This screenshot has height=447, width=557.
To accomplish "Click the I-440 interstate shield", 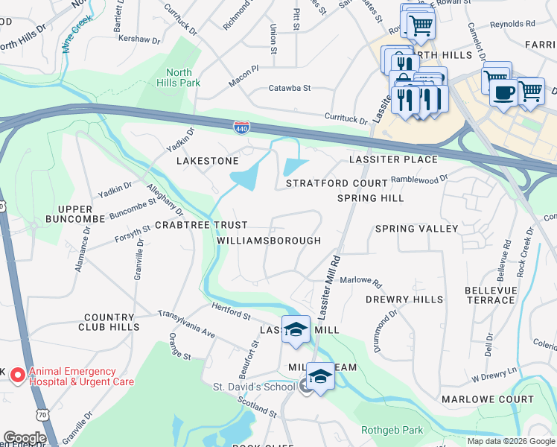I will [x=241, y=128].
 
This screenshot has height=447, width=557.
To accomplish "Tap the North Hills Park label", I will [x=178, y=77].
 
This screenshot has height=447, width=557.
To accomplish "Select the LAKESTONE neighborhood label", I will [x=207, y=161].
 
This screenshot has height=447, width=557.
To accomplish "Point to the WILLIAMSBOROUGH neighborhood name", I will [x=269, y=241].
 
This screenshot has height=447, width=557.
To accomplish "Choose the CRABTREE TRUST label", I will [x=201, y=225].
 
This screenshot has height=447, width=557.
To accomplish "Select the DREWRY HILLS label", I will [x=404, y=299].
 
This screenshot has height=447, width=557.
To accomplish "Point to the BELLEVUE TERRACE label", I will [x=489, y=295].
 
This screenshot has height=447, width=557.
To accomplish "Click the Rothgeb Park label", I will [x=392, y=430].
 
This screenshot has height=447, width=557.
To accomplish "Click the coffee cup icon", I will [x=504, y=92].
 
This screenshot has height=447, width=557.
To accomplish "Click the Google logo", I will [x=24, y=438].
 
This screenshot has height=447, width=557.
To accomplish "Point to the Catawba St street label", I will [x=289, y=88].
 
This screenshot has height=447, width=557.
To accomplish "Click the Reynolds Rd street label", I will [x=512, y=25].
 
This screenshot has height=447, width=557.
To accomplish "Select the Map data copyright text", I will [x=510, y=441].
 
